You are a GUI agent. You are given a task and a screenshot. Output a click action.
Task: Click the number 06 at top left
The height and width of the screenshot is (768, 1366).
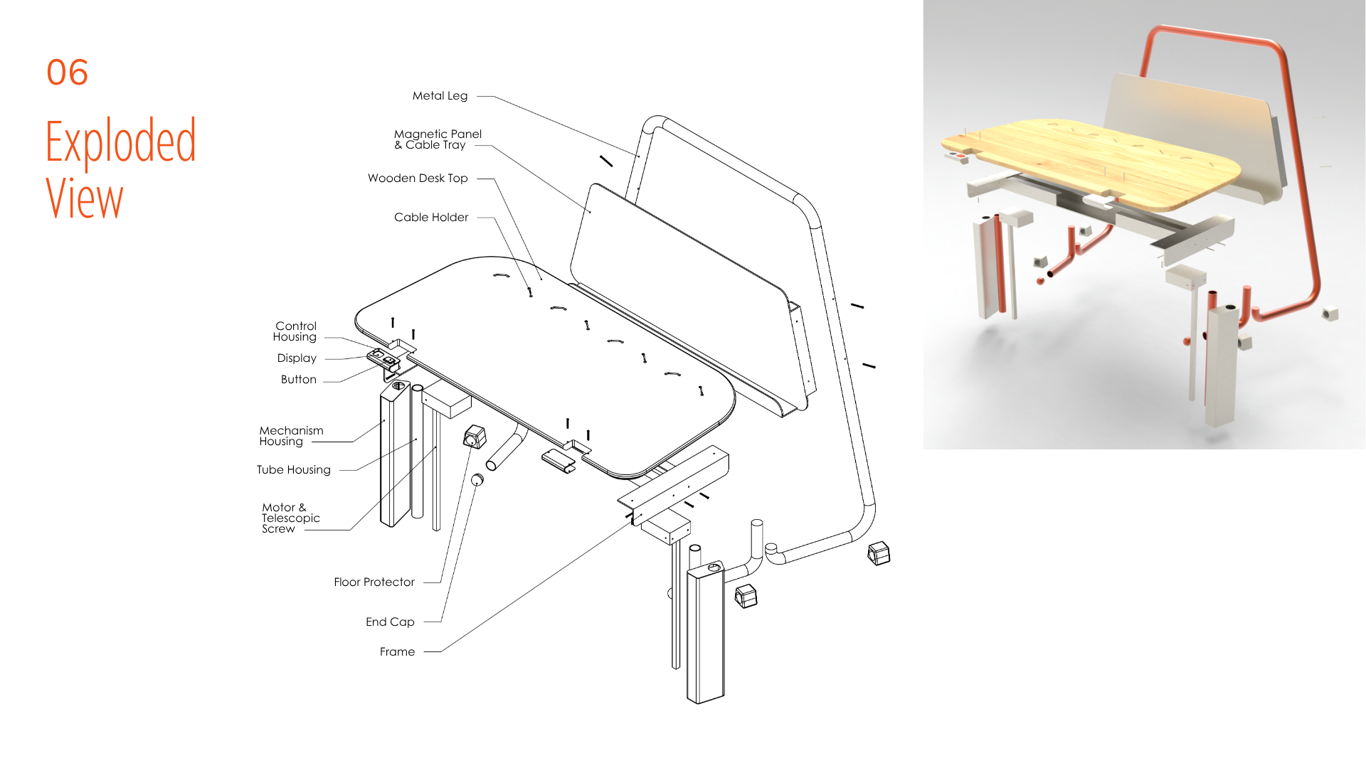(x=68, y=72)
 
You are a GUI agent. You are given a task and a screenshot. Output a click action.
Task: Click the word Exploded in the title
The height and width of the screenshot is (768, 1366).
(x=120, y=142)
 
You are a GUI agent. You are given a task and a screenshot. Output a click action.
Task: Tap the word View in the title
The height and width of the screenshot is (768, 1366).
(x=85, y=198)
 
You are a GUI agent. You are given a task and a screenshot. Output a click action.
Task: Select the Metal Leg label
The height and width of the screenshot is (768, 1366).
(x=440, y=95)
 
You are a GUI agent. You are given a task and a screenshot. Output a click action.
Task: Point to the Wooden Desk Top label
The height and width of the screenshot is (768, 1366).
(x=418, y=178)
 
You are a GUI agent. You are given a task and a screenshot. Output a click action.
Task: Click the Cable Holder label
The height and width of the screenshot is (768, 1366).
(x=431, y=217)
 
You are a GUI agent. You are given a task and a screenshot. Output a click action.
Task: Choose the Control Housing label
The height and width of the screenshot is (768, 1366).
(x=295, y=331)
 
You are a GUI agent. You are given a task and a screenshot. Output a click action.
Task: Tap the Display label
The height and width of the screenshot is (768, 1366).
(x=297, y=358)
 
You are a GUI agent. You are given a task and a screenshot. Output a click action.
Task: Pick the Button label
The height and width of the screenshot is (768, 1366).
(x=299, y=379)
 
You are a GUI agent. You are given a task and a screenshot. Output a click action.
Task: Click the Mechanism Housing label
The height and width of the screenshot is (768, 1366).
(x=291, y=436)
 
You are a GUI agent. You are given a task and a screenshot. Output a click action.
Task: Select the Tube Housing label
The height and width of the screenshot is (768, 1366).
(x=294, y=469)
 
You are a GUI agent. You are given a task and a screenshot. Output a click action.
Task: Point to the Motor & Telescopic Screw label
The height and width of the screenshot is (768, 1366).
(x=290, y=518)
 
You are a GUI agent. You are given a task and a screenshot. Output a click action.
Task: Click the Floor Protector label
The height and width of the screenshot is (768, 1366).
(x=374, y=582)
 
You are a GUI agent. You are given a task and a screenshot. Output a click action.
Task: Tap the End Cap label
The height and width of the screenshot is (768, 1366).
(x=390, y=622)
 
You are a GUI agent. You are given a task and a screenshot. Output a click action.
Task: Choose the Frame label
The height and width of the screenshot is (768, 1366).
(x=397, y=651)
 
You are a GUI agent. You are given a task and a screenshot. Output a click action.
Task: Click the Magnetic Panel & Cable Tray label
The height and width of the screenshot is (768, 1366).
(x=438, y=139)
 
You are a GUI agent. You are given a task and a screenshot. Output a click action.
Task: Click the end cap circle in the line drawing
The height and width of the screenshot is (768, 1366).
(x=477, y=480)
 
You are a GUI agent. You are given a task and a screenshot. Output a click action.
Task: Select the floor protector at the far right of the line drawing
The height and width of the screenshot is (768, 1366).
(x=879, y=553)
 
